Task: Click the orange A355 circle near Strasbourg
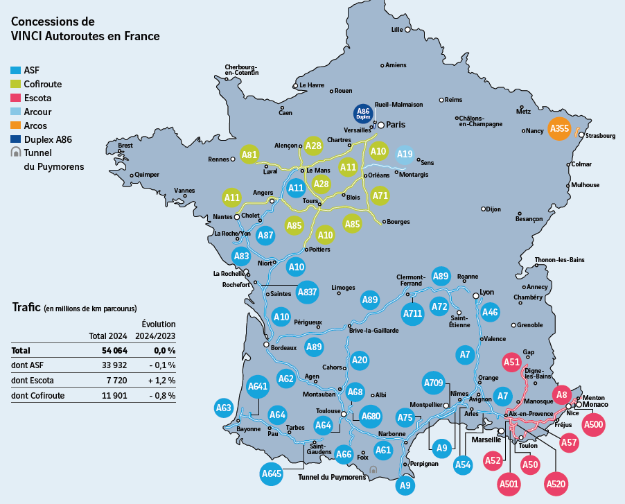559,129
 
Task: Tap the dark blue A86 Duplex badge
362,114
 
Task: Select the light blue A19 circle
405,155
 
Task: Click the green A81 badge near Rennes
249,155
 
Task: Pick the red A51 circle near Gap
511,362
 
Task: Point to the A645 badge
272,474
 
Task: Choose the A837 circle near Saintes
307,293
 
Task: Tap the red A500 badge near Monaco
594,424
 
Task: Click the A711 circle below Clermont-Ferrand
412,314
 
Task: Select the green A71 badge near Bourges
380,196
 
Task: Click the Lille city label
397,30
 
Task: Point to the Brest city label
125,146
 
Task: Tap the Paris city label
396,125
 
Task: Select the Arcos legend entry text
35,125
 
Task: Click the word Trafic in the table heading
26,308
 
